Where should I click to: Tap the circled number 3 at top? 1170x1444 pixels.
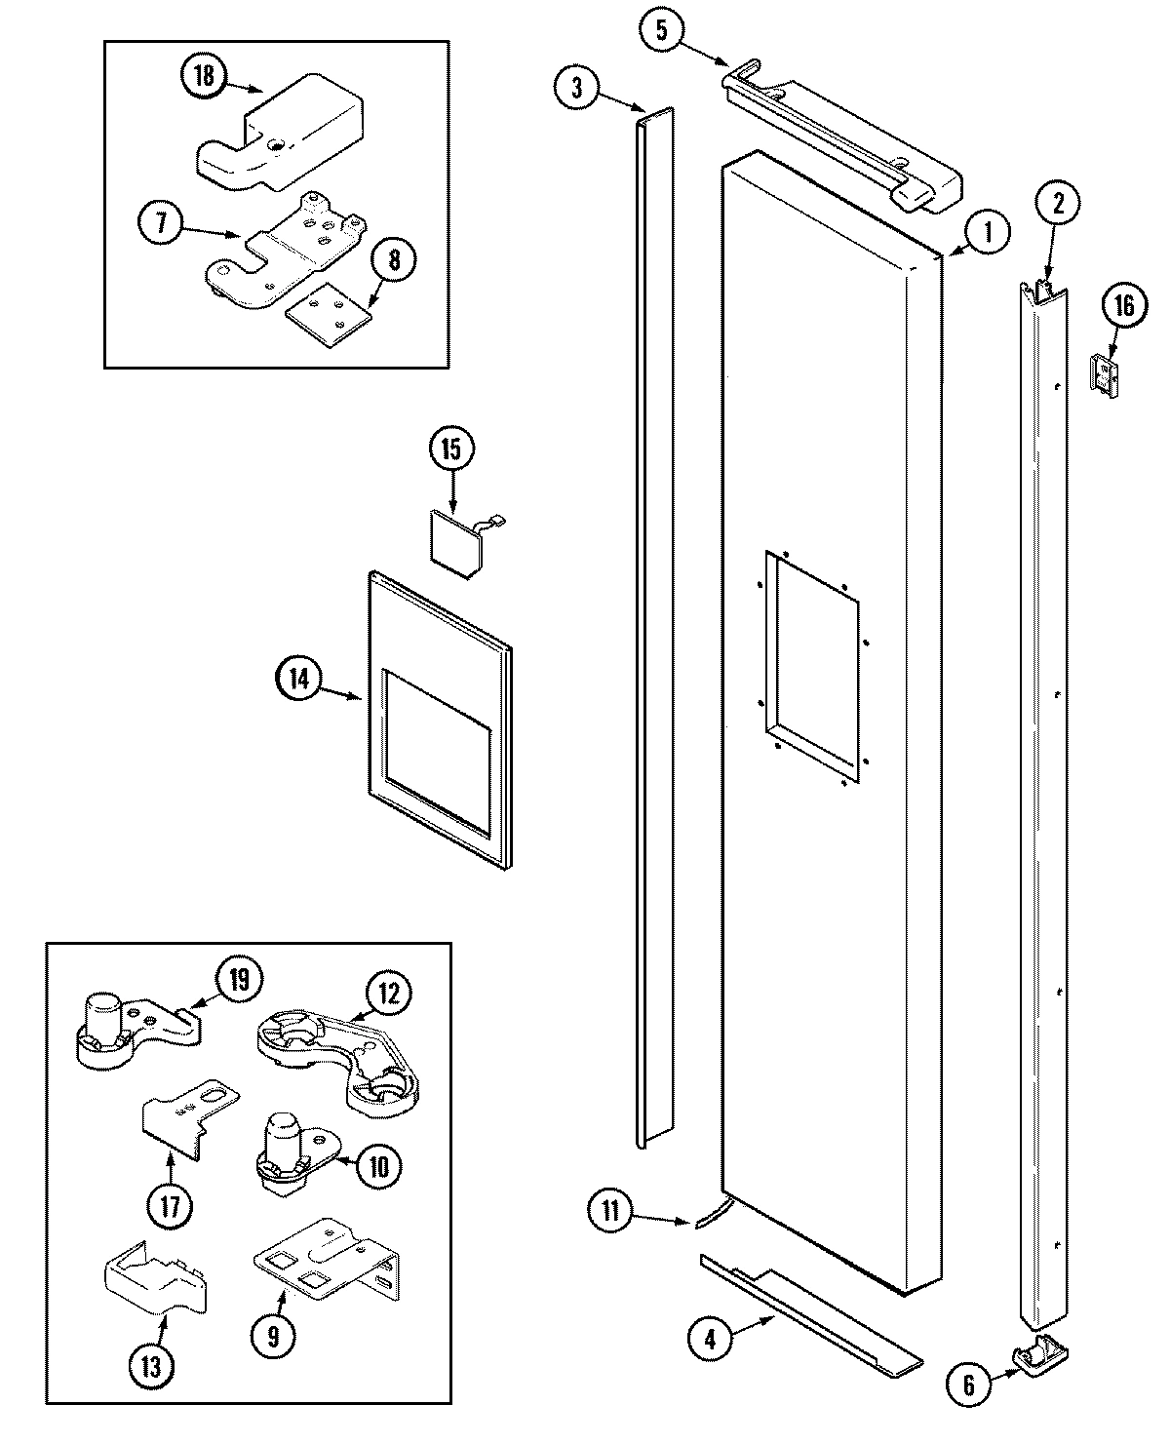click(578, 88)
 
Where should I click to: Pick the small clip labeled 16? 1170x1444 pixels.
click(1103, 374)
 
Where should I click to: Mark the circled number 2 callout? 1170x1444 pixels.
click(1059, 205)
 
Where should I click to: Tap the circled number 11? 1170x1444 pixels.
click(611, 1212)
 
